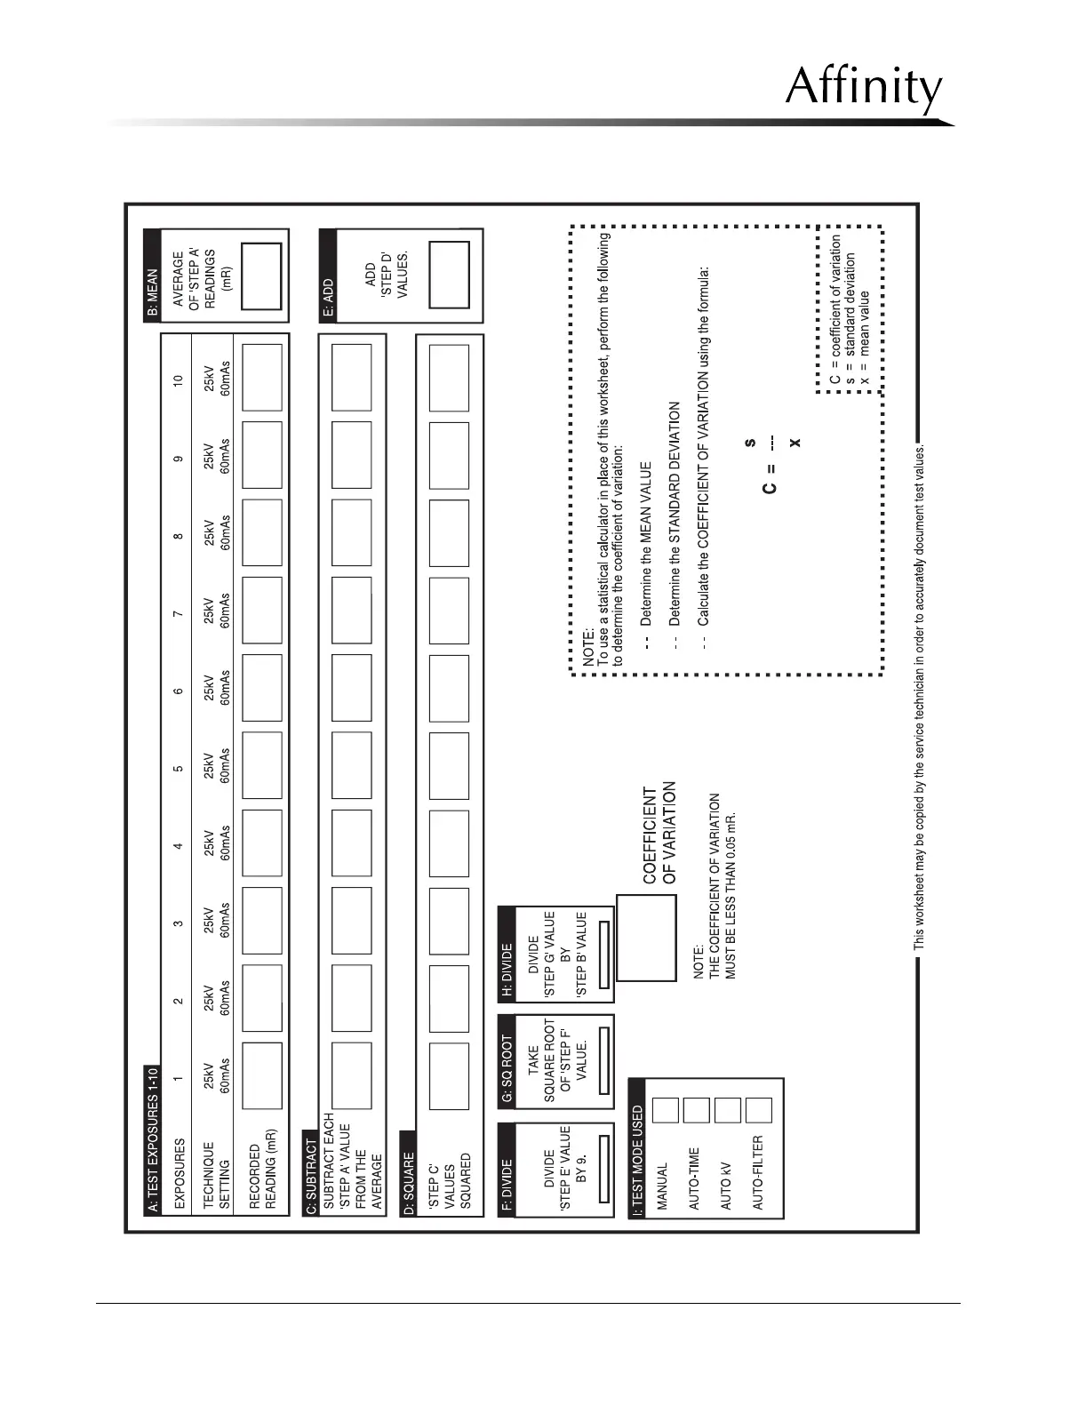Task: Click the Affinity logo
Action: [x=864, y=91]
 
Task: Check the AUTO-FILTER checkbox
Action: [x=758, y=1110]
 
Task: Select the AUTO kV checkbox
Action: [x=727, y=1110]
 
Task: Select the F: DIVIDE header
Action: [x=507, y=1179]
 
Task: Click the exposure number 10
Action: [x=179, y=380]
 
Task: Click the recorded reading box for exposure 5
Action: [x=262, y=766]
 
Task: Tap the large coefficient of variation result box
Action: [x=646, y=938]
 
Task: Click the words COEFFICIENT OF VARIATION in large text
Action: [x=659, y=833]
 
